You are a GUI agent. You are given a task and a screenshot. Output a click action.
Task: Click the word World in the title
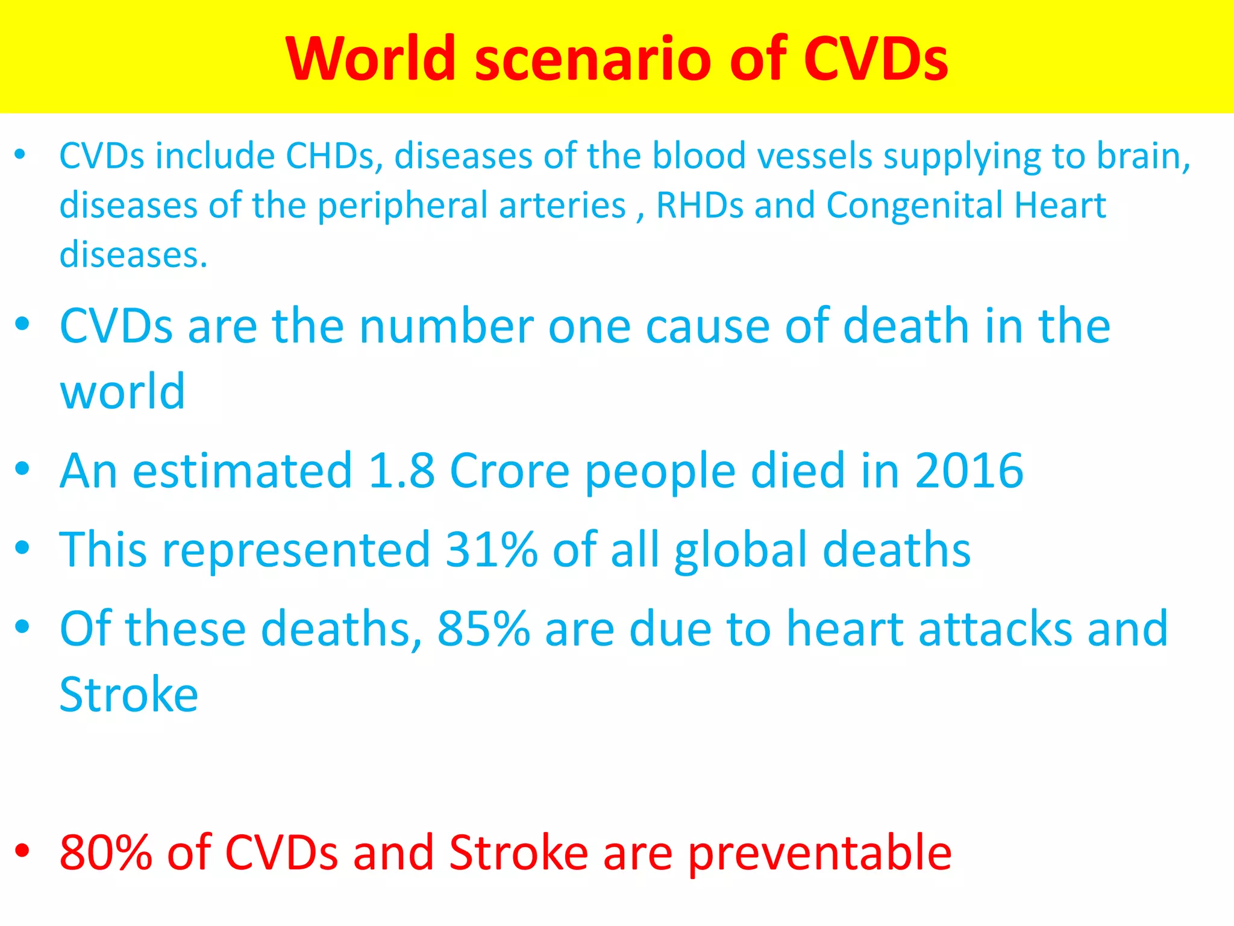point(371,58)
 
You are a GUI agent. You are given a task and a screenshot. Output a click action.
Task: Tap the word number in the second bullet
point(446,326)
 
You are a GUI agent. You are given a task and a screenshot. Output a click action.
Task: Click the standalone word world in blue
point(122,391)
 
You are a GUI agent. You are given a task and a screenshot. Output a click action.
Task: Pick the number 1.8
point(401,470)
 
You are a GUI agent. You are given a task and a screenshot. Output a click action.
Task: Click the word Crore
point(509,470)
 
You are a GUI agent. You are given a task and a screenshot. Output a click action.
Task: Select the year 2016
point(969,470)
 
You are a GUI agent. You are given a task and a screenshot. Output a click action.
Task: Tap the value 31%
point(491,549)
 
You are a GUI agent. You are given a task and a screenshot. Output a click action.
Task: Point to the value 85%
point(483,629)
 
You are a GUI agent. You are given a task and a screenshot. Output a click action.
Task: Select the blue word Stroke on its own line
point(129,694)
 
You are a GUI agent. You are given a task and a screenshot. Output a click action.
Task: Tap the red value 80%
point(106,852)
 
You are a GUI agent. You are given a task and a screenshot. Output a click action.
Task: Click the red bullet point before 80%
point(22,851)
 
